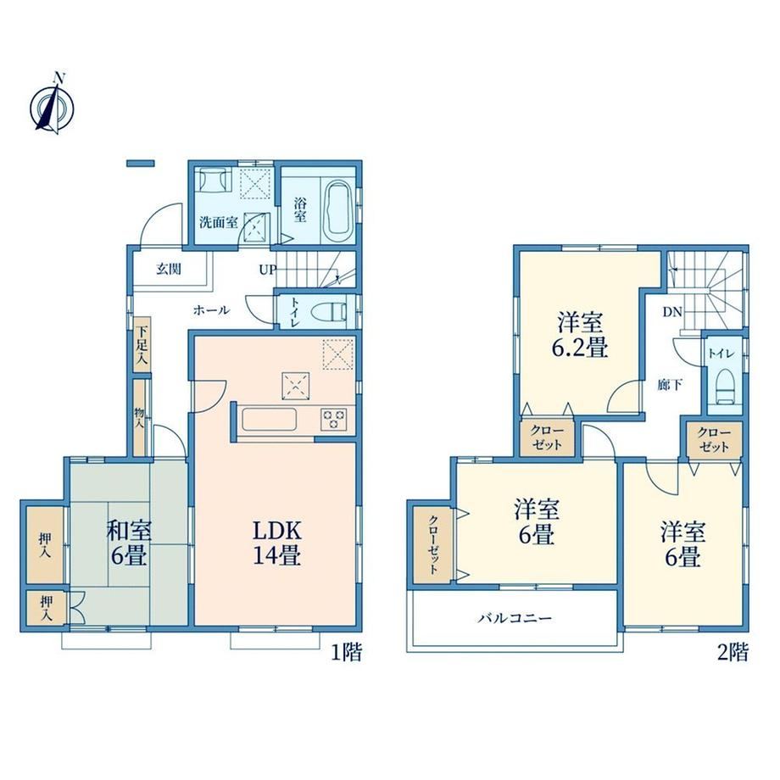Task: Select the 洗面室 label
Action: coord(219,222)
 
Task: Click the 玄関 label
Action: coord(169,270)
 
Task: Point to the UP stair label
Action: coord(268,270)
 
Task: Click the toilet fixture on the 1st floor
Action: coord(329,312)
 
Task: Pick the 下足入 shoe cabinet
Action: coord(142,343)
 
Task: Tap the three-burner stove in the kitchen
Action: coord(333,418)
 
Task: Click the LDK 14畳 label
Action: coord(277,543)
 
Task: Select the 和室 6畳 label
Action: coord(129,543)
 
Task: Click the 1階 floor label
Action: coord(347,652)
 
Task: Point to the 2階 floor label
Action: coord(733,652)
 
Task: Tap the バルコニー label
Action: coord(515,618)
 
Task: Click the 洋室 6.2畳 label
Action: coord(580,334)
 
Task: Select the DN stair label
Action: coord(672,312)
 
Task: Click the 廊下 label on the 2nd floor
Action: coord(670,385)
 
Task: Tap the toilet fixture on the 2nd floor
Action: coord(725,386)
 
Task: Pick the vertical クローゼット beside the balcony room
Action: coord(432,544)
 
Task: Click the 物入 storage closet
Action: coord(140,418)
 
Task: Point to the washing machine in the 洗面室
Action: coord(215,179)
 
